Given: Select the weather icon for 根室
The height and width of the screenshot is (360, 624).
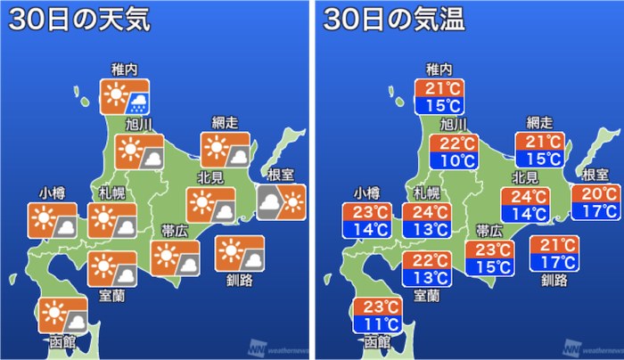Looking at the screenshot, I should [281, 202].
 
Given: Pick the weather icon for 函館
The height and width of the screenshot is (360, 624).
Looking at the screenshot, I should [63, 316].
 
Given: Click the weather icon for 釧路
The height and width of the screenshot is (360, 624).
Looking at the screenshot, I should [239, 253].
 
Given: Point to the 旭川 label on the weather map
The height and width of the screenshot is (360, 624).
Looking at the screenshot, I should [136, 124].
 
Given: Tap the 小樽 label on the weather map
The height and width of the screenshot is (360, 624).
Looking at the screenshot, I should [51, 192].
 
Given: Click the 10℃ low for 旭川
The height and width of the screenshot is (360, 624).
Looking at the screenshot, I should [453, 161].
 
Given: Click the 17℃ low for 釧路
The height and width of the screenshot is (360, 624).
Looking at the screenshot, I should [554, 262].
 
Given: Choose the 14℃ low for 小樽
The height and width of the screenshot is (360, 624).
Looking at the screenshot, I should [366, 230].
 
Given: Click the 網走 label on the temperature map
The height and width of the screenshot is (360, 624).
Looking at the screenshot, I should [540, 123].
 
